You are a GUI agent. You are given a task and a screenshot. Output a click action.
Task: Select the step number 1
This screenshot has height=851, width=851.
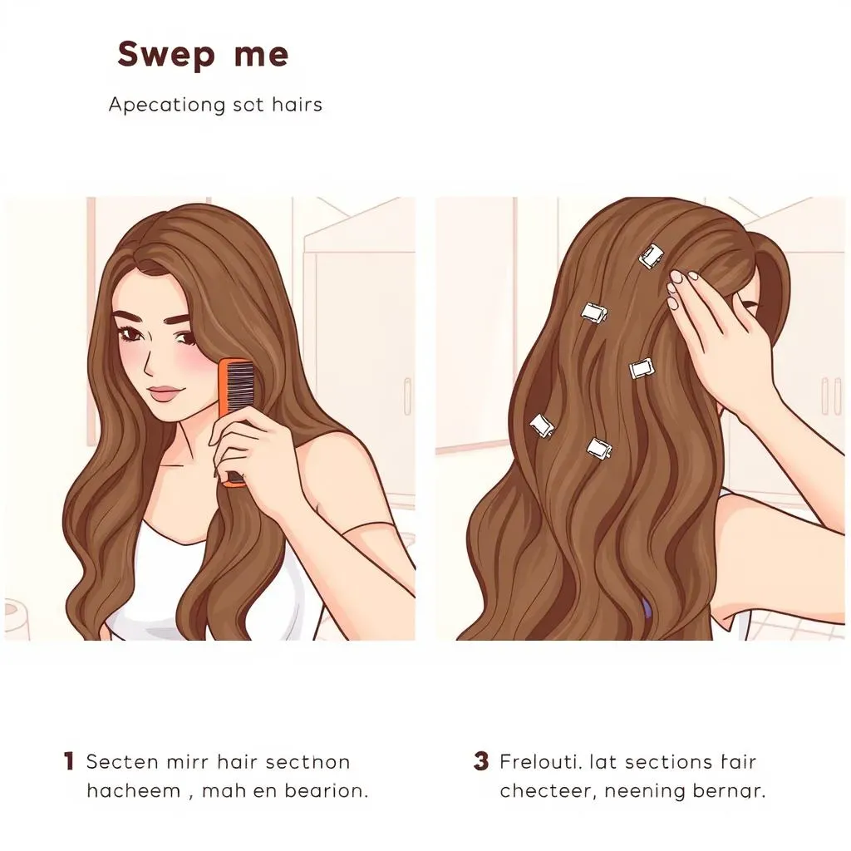tap(69, 760)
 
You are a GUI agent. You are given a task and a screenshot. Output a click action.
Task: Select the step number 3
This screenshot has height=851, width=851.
tap(481, 760)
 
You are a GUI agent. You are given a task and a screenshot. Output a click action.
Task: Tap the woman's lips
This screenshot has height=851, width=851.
tap(166, 391)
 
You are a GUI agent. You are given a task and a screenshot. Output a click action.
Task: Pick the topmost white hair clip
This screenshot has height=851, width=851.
tap(652, 256)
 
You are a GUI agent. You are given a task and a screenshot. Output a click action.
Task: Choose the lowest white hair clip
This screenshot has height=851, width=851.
tap(599, 449)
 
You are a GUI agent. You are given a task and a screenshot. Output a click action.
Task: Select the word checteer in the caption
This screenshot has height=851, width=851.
tap(545, 790)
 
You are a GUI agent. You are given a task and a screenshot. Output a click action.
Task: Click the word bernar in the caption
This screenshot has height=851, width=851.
tap(728, 790)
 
